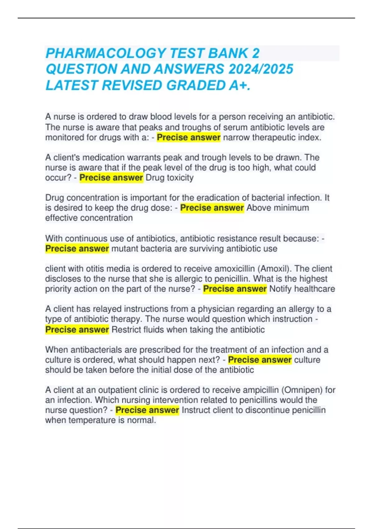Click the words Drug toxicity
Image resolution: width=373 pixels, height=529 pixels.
point(169,178)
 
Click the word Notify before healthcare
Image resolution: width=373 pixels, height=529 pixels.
point(280,289)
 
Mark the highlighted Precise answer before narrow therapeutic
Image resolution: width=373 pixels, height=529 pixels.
point(188,137)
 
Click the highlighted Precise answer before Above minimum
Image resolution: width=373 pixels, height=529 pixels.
point(212,208)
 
